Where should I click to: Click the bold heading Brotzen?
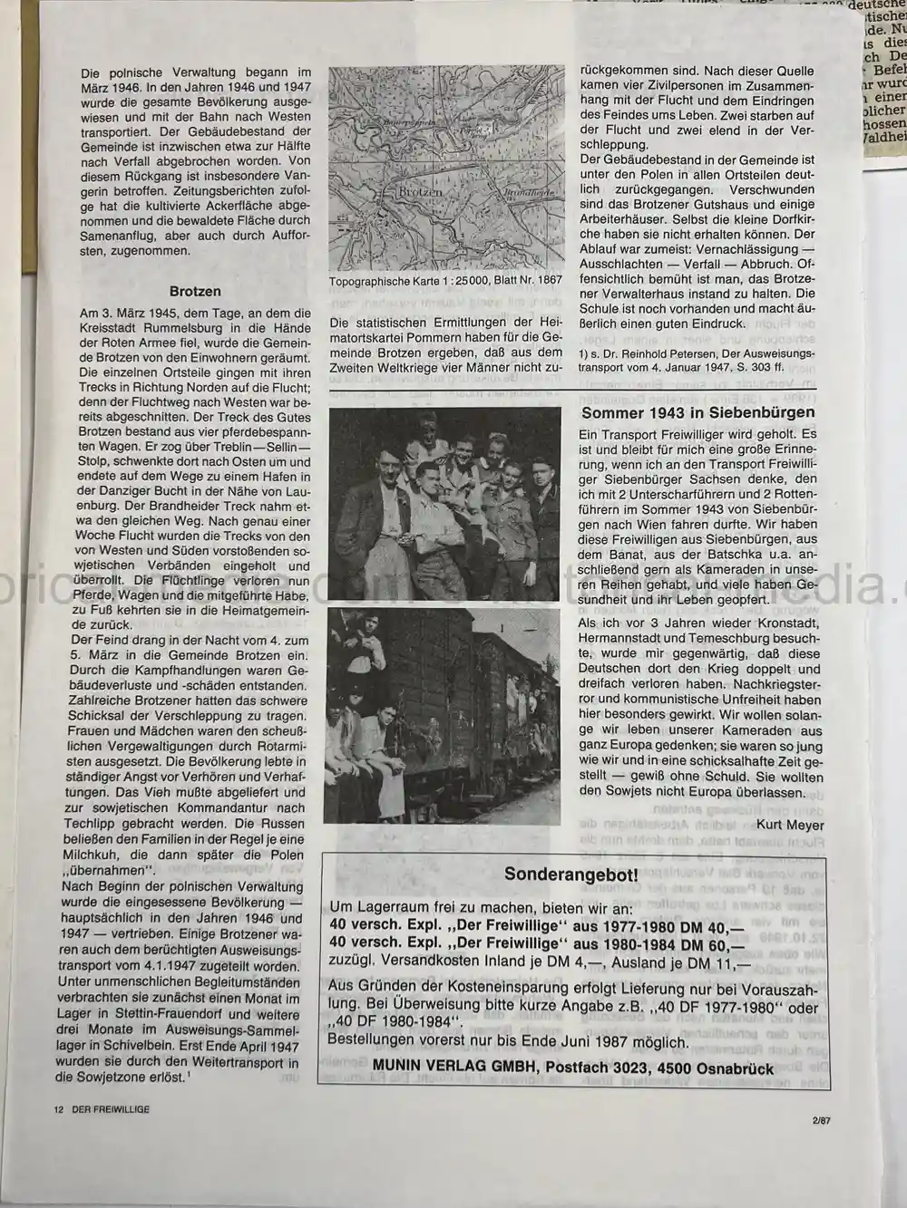point(195,292)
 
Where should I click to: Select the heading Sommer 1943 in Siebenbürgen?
point(698,412)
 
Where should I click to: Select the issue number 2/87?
point(823,1120)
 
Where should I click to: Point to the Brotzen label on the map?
point(421,192)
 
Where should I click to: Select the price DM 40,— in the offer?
point(711,925)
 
